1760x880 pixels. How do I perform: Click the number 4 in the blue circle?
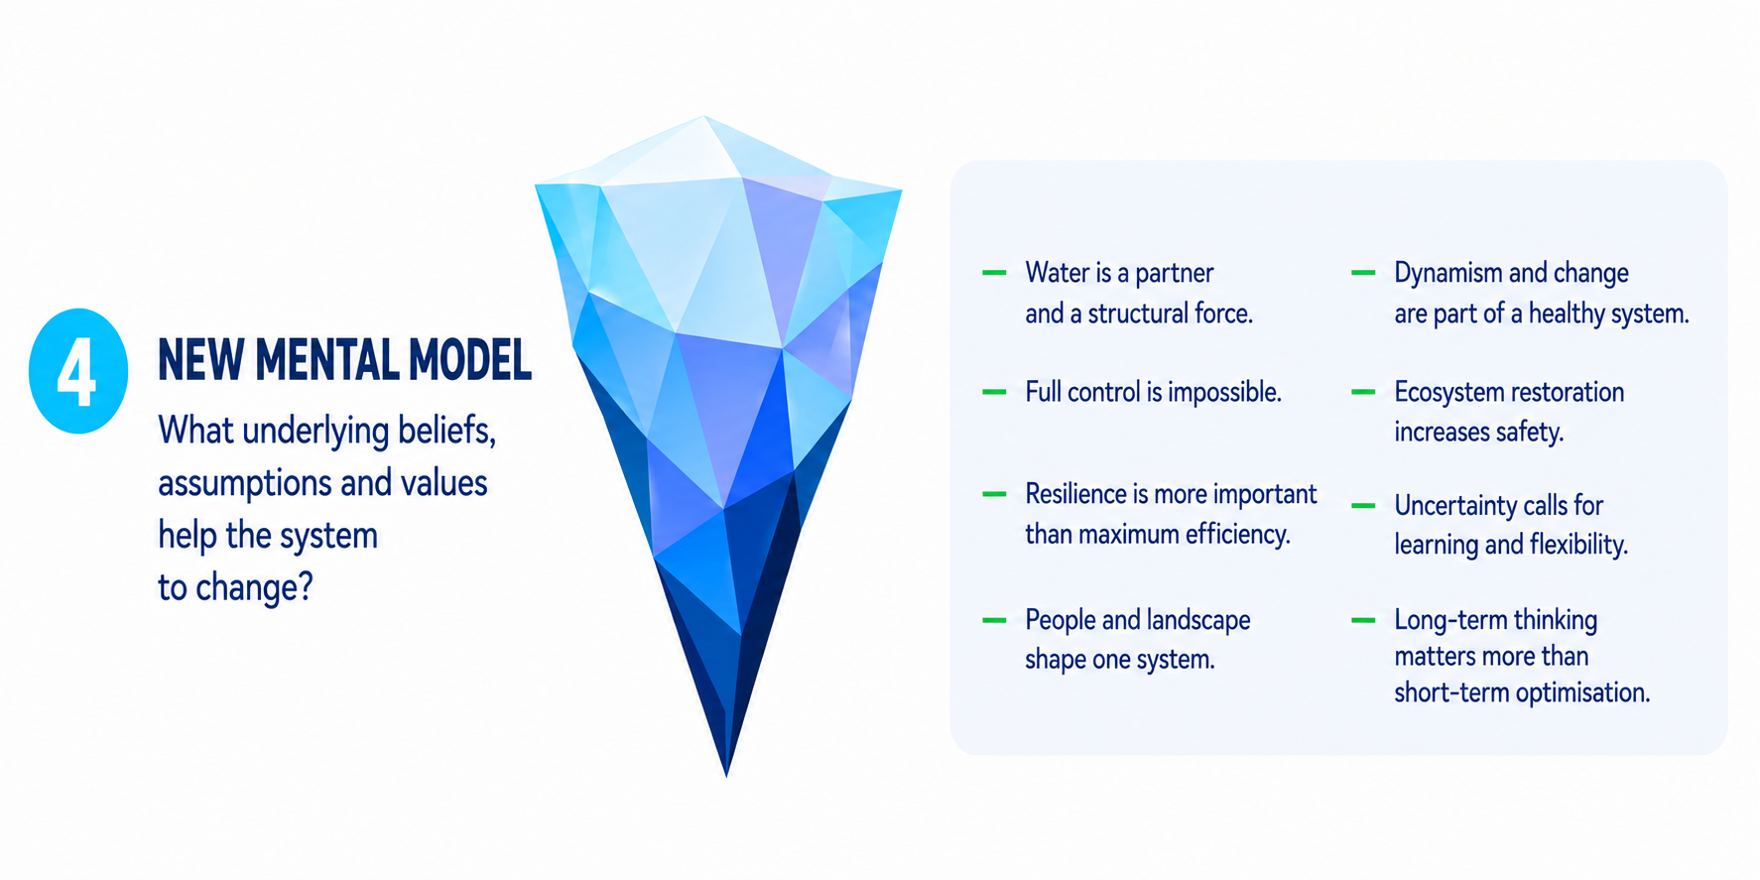click(76, 372)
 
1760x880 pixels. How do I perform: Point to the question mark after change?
click(306, 586)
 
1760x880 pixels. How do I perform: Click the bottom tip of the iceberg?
click(726, 775)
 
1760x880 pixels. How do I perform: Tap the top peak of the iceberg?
click(704, 117)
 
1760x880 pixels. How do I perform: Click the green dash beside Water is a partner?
click(994, 273)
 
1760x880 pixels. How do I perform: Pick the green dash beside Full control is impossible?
click(994, 392)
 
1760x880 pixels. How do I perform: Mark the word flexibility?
click(1578, 546)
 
